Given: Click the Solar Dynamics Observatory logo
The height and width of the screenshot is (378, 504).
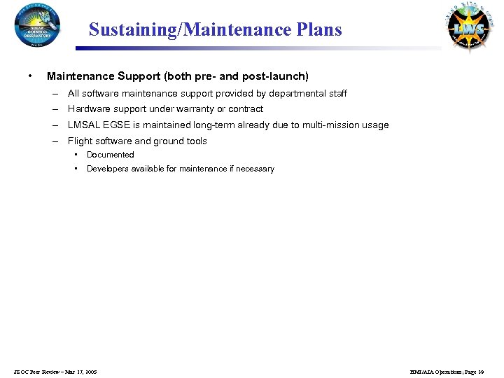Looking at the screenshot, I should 37,25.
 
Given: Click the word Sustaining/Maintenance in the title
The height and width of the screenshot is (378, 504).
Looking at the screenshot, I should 185,30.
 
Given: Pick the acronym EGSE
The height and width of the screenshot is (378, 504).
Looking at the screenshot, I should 117,125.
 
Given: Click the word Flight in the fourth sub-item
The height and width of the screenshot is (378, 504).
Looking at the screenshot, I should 79,141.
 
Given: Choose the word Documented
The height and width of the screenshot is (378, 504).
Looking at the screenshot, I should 110,155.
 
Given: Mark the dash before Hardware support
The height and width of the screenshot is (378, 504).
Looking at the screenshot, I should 54,109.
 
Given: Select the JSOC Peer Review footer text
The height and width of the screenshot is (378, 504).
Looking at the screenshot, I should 55,372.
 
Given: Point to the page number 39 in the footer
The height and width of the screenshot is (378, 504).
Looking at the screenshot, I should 481,372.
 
